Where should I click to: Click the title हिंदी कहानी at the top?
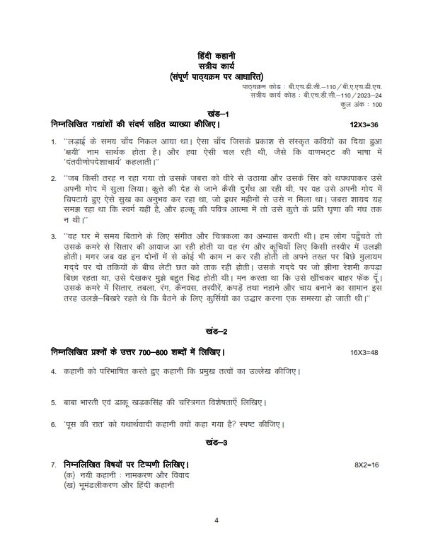pyautogui.click(x=216, y=55)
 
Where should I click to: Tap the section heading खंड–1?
pyautogui.click(x=216, y=113)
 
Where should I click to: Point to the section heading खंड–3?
pyautogui.click(x=216, y=443)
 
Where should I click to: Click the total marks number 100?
pyautogui.click(x=376, y=105)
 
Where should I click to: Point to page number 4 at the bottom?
pyautogui.click(x=216, y=521)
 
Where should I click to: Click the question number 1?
pyautogui.click(x=53, y=144)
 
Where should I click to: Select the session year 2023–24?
pyautogui.click(x=368, y=94)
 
